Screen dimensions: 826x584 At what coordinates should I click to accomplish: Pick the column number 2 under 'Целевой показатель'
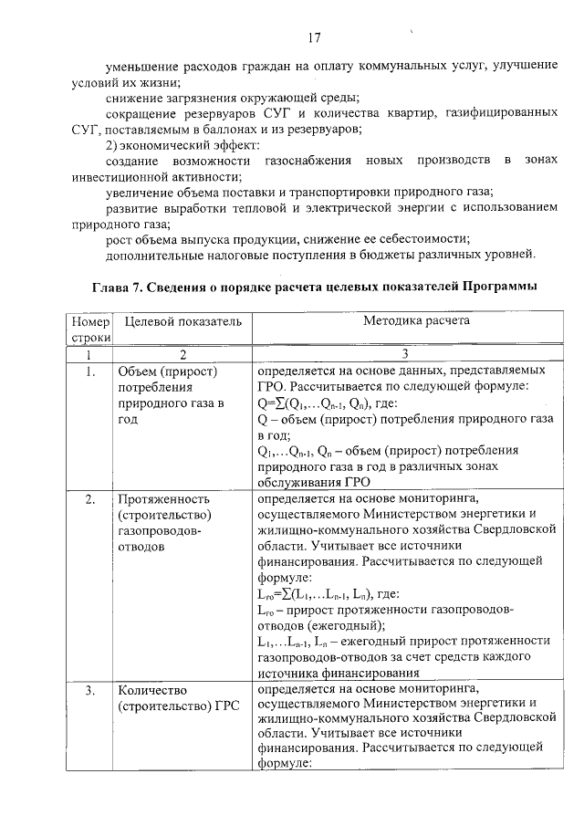coord(182,354)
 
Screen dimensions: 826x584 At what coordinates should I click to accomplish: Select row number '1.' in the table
coord(89,372)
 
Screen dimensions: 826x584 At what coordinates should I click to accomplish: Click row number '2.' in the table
coord(89,499)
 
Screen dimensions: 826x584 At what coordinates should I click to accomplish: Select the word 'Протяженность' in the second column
coord(164,499)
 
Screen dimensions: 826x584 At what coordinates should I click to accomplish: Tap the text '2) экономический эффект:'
coord(182,145)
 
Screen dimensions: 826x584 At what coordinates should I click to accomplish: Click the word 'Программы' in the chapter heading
coord(490,287)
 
